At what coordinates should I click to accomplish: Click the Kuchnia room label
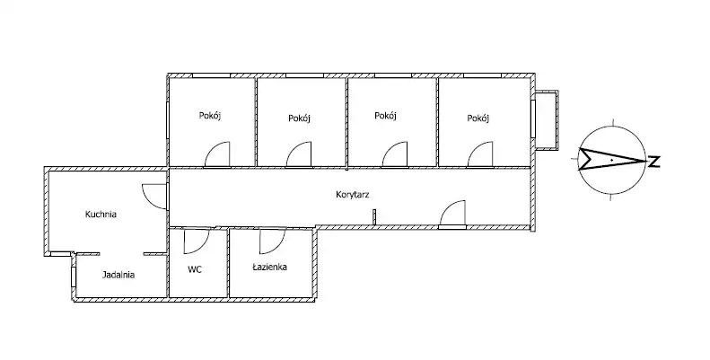click(x=101, y=214)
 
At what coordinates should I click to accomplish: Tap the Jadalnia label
click(x=118, y=275)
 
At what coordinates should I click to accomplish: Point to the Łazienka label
click(x=269, y=267)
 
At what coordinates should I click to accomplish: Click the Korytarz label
click(x=354, y=193)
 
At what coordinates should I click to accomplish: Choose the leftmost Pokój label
click(x=210, y=116)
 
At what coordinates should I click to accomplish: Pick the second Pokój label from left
click(x=300, y=118)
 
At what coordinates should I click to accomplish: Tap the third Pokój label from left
click(x=386, y=116)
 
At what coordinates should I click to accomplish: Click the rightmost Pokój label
click(x=478, y=118)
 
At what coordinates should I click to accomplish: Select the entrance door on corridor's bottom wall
click(x=453, y=215)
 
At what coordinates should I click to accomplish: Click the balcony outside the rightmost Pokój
click(x=547, y=119)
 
